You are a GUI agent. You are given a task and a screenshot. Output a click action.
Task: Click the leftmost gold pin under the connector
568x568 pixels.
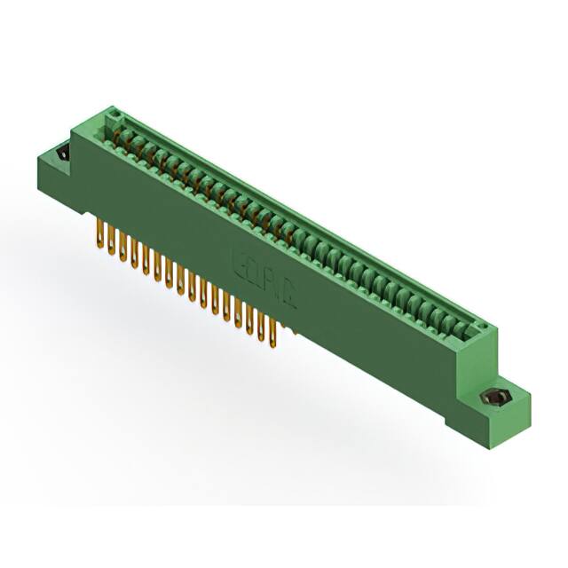(x=97, y=233)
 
